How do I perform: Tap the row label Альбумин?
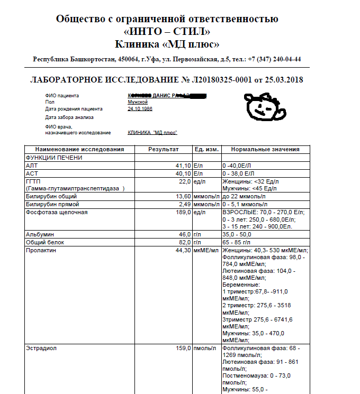click(x=40, y=234)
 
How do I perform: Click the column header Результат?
click(x=164, y=150)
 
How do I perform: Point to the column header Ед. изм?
click(x=206, y=150)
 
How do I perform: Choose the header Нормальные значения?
click(x=265, y=150)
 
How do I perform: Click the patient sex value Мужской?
click(x=138, y=102)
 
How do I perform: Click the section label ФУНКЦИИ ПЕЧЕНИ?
click(x=54, y=158)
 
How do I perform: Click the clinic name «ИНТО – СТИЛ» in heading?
click(x=167, y=31)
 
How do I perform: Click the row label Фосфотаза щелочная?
click(x=57, y=212)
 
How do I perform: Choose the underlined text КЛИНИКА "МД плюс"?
click(x=152, y=133)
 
